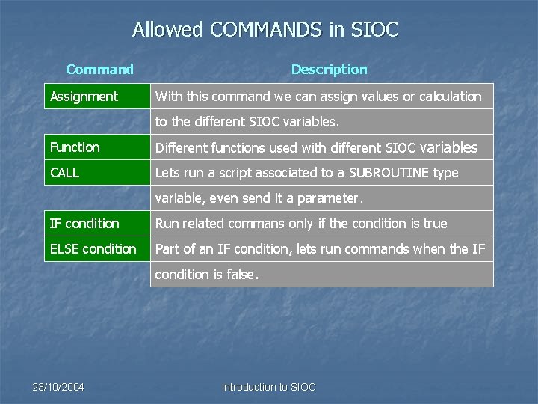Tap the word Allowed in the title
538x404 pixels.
(x=158, y=30)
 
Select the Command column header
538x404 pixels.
(x=99, y=70)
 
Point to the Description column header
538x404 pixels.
(x=329, y=70)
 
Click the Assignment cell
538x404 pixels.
(x=84, y=97)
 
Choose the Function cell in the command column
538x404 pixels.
(x=75, y=147)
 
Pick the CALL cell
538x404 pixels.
(x=65, y=173)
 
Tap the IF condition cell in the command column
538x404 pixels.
(x=84, y=224)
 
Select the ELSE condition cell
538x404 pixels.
(x=93, y=249)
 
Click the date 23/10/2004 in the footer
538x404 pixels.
(x=58, y=387)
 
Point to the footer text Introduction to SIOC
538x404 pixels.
(x=269, y=387)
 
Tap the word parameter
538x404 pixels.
(x=330, y=198)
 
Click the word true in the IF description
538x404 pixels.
(x=434, y=224)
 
